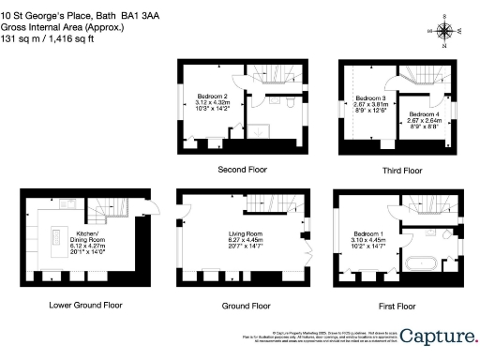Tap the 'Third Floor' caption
pos(399,171)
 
